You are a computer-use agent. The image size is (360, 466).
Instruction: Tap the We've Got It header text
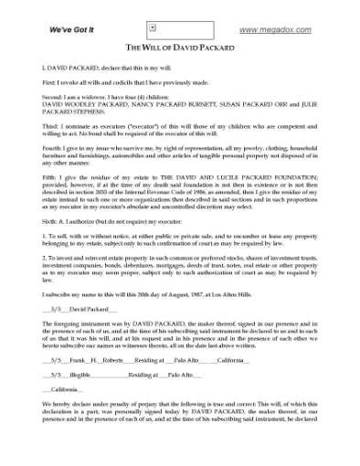click(x=70, y=30)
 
